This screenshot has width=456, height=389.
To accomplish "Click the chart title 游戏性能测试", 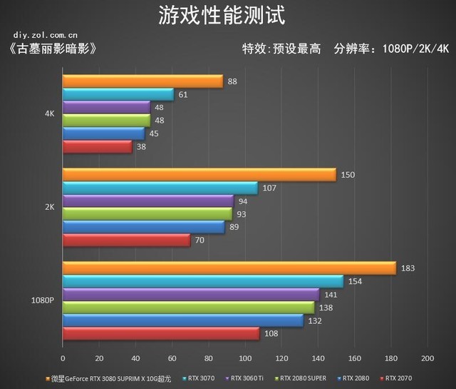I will click(227, 15).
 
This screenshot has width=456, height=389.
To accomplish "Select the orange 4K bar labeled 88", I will click(142, 81).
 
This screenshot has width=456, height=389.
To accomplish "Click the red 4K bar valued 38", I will click(97, 146).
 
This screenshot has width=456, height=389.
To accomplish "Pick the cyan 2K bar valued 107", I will click(160, 188).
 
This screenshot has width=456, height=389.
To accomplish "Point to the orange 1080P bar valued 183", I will click(229, 268).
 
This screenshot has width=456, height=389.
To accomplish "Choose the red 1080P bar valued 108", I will click(160, 333).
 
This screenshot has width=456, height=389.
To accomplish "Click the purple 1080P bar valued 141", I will click(190, 294).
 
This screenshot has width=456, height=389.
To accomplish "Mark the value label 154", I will click(356, 281).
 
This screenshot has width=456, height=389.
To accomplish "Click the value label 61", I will click(183, 94).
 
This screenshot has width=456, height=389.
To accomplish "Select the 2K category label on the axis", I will click(50, 207).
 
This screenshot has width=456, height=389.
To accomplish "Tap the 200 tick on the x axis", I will click(427, 358).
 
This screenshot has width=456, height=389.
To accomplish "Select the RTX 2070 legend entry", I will click(397, 378).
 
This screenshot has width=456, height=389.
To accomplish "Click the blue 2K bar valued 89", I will click(143, 227).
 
